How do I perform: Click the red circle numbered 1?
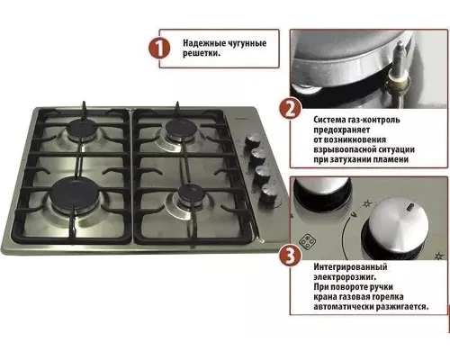coord(159,49)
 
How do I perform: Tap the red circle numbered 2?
coord(290,109)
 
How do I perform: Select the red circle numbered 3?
coord(290,256)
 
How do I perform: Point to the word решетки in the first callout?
coord(200,54)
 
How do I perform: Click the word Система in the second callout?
coord(329,120)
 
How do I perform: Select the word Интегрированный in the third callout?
coord(350,266)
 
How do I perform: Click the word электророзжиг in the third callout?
coord(345,276)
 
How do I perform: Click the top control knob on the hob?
coord(253,140)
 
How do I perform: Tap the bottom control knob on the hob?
coord(269,193)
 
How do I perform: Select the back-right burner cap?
coord(182,128)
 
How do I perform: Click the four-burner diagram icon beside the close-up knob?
coord(308,242)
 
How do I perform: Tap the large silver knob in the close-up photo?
coord(399,227)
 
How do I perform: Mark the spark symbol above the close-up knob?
coord(367,203)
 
